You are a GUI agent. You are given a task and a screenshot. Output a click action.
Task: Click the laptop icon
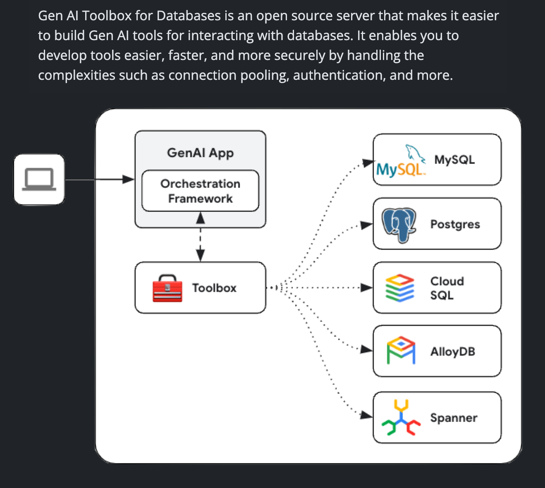[x=39, y=179]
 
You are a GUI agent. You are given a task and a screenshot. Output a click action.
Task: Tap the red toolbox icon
[x=167, y=288]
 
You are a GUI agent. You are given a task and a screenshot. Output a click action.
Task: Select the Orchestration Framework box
[x=201, y=191]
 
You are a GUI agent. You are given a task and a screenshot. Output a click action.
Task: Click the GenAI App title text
[x=201, y=153]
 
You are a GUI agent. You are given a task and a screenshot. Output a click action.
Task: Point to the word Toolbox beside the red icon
[x=214, y=288]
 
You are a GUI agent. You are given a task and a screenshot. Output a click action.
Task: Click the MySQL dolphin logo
[x=401, y=161]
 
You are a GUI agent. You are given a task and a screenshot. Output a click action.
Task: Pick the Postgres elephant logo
[x=399, y=225]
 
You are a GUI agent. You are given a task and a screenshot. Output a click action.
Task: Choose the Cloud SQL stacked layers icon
[x=400, y=288]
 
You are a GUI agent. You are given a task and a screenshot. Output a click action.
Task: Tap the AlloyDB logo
[x=401, y=350]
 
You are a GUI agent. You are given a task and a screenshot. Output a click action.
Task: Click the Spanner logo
[x=401, y=417]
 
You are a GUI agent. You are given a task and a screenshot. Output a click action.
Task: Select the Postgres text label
[x=455, y=225]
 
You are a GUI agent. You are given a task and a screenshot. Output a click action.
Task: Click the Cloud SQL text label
[x=447, y=288]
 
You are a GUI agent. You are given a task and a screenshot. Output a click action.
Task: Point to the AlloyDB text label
[x=453, y=352]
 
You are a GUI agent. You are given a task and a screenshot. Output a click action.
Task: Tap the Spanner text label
[x=454, y=418]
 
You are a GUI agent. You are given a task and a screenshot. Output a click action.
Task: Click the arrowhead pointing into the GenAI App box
[x=128, y=179]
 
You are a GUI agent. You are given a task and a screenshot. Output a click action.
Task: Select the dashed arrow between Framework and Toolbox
[x=201, y=237]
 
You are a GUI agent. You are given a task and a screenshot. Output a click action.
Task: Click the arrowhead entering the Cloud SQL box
[x=367, y=287]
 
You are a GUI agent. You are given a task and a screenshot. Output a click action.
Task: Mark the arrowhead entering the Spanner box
[x=366, y=415]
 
